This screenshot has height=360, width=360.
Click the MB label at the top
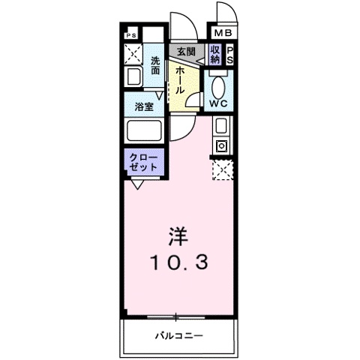click(224, 34)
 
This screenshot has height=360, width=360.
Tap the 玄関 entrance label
click(185, 52)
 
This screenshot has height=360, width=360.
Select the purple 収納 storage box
click(215, 54)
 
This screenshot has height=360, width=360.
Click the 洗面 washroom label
click(155, 65)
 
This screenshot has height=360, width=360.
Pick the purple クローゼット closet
click(143, 162)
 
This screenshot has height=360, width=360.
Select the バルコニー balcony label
click(179, 334)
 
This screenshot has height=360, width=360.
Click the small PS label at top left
click(130, 34)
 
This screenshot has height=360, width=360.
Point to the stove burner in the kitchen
click(222, 145)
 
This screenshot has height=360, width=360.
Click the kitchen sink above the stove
click(222, 125)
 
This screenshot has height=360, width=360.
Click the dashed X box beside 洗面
click(133, 54)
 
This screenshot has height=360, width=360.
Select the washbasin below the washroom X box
click(133, 76)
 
